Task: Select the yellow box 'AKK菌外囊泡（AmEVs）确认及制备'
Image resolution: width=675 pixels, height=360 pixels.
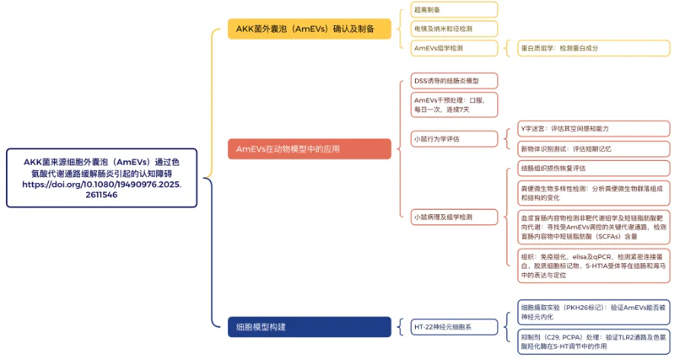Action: coord(309,29)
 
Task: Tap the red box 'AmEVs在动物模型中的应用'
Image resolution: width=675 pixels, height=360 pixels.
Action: coord(309,149)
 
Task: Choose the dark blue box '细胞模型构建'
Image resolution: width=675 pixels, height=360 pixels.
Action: coord(309,327)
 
